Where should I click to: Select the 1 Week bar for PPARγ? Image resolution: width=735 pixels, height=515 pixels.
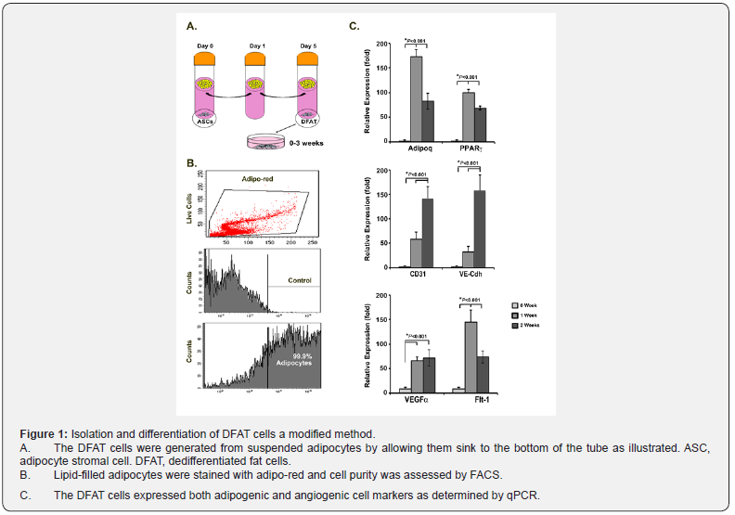point(469,117)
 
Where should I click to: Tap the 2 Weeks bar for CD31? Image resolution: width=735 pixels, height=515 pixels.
point(428,233)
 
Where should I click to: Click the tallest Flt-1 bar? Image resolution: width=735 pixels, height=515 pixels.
point(471,356)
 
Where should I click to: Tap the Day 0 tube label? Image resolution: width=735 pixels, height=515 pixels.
point(206,45)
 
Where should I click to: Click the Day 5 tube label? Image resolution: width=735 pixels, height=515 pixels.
point(310,45)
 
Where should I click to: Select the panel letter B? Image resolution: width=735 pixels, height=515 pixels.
point(191,163)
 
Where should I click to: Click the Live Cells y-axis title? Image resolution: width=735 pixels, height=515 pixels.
point(189,205)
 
